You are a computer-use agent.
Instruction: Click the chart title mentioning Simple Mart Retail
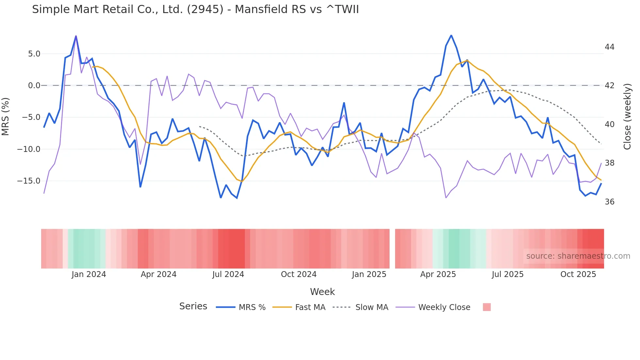(195, 9)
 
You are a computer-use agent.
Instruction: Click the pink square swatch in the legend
(487, 307)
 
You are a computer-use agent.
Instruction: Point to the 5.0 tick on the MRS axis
(34, 54)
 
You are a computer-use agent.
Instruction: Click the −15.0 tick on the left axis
(29, 181)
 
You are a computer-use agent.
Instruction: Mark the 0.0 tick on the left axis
(34, 86)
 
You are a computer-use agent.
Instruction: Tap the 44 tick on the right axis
(609, 47)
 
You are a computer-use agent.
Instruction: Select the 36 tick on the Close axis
(609, 202)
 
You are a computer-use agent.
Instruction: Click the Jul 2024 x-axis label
(228, 274)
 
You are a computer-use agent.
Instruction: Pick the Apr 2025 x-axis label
(438, 274)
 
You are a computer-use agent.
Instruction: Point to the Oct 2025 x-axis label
(578, 274)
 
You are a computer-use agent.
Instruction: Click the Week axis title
(322, 292)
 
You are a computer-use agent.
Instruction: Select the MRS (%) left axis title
(6, 117)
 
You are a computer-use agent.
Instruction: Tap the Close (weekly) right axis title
(627, 117)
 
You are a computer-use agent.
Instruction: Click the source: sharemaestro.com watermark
(578, 256)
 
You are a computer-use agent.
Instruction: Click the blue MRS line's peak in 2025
(451, 35)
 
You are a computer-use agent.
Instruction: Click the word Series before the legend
(193, 306)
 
